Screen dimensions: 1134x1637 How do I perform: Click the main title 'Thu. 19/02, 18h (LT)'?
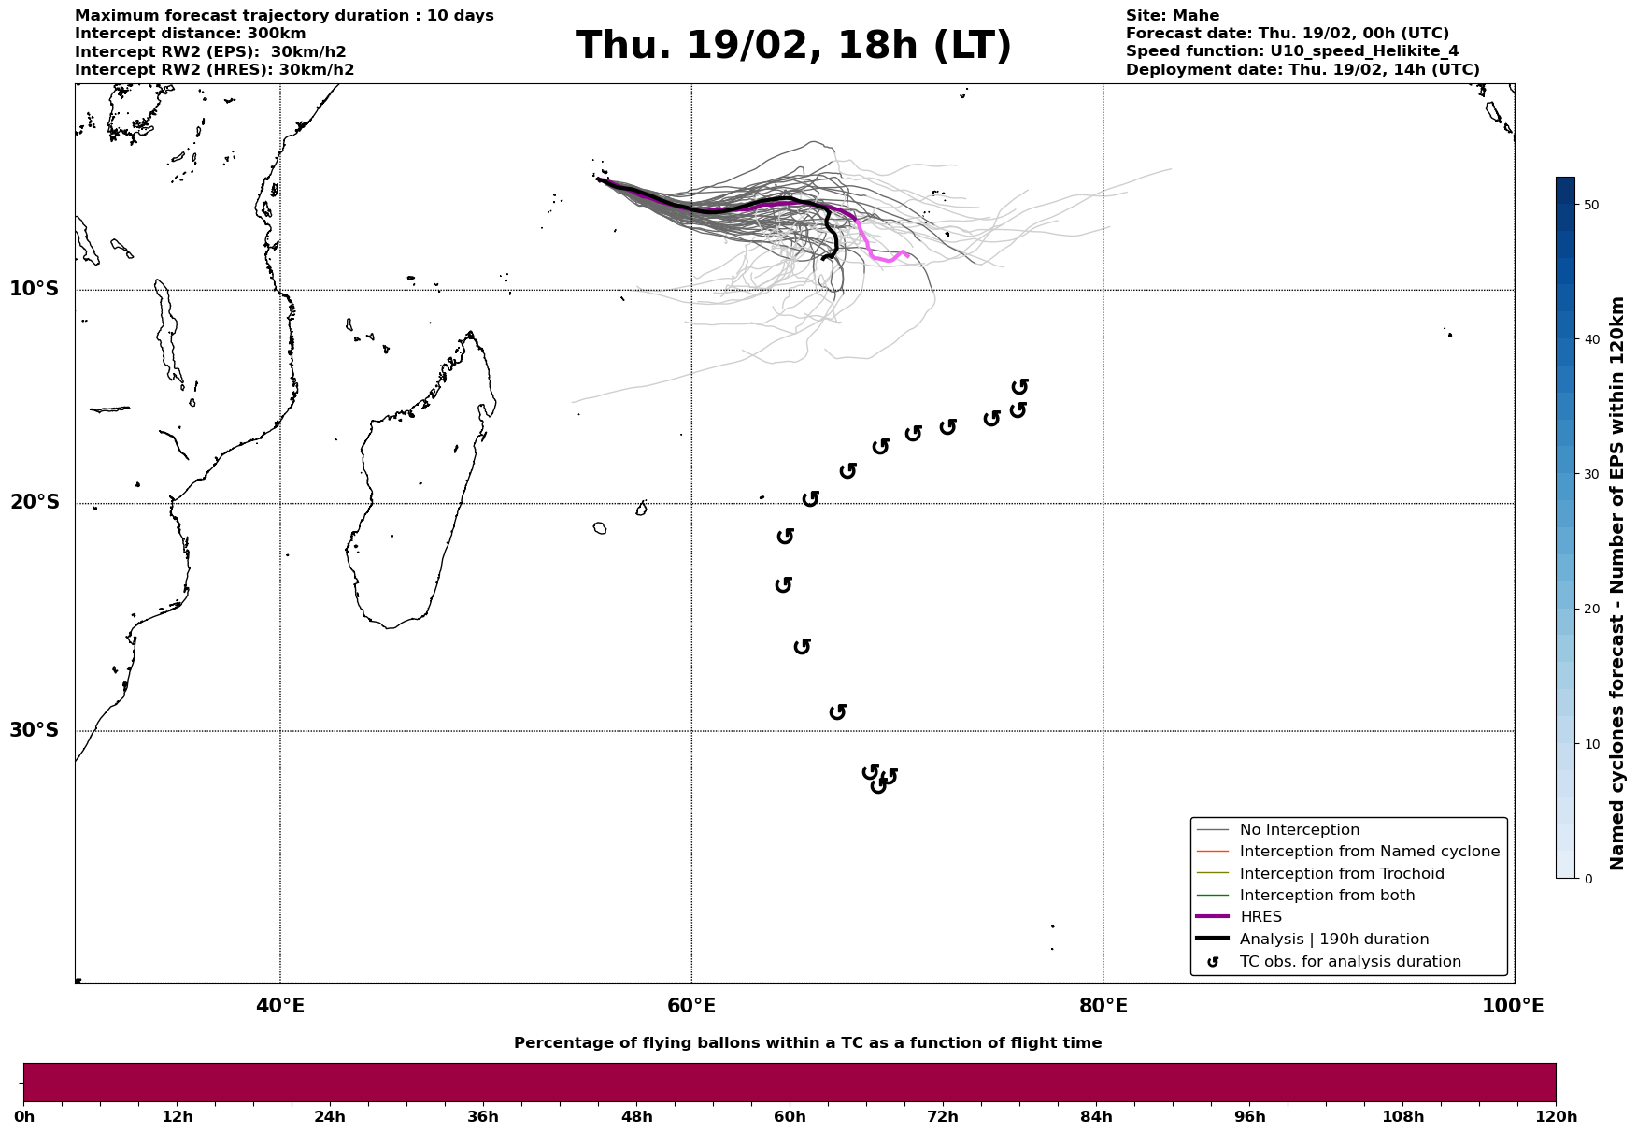pos(793,46)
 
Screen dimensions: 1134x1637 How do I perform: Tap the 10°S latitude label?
pos(35,289)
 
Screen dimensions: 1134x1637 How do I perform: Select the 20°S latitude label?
pos(35,503)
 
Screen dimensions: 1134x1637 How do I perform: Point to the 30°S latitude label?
pos(35,730)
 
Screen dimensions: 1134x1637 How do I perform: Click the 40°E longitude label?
pos(280,1006)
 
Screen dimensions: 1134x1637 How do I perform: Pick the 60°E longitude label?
pos(691,1006)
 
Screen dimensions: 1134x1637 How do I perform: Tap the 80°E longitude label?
pos(1103,1006)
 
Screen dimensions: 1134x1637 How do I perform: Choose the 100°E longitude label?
pos(1513,1006)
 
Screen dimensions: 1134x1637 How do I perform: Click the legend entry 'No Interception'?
pos(1299,830)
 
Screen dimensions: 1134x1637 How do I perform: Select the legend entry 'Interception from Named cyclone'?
pos(1369,852)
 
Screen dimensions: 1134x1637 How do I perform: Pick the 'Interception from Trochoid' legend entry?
pos(1341,874)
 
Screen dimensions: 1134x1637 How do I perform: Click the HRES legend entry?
pos(1260,917)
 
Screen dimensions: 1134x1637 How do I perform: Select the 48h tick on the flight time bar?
pos(636,1116)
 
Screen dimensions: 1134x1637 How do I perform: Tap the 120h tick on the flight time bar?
pos(1556,1116)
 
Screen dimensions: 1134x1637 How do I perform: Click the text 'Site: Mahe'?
pos(1172,16)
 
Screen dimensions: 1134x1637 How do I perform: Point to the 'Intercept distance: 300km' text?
pos(190,34)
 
